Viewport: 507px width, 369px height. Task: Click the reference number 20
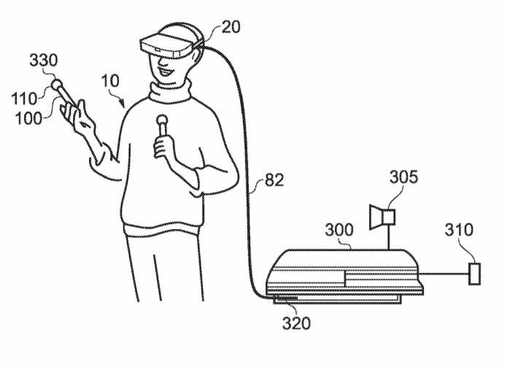(x=231, y=27)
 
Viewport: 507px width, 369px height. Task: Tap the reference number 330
(x=44, y=60)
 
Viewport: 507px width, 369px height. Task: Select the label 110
(x=24, y=98)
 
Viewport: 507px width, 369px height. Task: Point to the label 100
(x=28, y=119)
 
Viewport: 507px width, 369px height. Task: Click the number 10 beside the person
(x=110, y=81)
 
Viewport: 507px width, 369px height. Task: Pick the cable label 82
(x=274, y=180)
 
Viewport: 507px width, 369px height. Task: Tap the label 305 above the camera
(x=403, y=177)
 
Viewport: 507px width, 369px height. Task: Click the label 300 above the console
(x=339, y=230)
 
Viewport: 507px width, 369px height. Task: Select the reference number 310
(x=459, y=230)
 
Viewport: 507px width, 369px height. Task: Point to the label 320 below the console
(x=296, y=323)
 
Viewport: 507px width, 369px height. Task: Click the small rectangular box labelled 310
(x=474, y=274)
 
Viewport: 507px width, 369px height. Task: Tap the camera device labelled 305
(x=382, y=217)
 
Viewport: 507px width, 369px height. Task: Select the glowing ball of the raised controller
(x=56, y=85)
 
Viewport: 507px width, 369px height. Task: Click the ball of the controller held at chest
(x=161, y=120)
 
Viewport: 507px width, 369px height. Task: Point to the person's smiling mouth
(x=166, y=71)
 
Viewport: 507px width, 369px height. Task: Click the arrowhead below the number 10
(x=123, y=104)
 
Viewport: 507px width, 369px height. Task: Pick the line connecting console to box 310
(x=444, y=274)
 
